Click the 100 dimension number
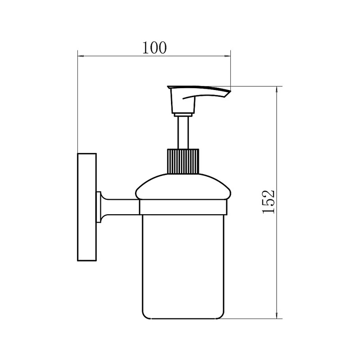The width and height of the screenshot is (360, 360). tap(154, 48)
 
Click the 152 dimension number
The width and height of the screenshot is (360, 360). tap(268, 202)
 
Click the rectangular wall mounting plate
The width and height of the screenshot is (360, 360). tap(87, 207)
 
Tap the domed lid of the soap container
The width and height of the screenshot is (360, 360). tap(183, 187)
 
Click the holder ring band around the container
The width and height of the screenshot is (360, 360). tap(183, 207)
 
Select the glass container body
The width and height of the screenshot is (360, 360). tap(183, 267)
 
